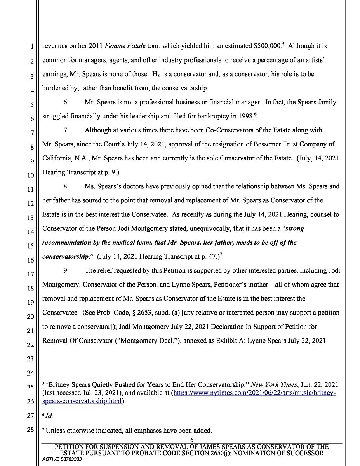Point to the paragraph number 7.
(66, 130)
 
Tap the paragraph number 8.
(66, 186)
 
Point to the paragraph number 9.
(66, 271)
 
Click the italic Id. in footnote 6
(49, 416)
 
